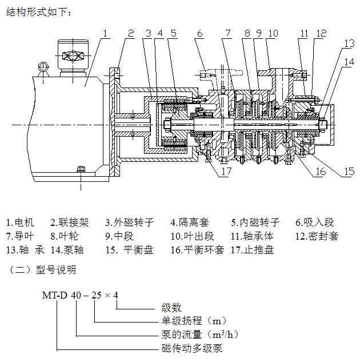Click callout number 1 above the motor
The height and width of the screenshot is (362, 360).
(106, 34)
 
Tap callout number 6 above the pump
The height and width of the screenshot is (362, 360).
(199, 34)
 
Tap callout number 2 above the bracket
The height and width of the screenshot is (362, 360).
(131, 34)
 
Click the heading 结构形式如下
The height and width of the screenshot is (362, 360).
(39, 13)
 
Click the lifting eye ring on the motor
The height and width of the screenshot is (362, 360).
(42, 69)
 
